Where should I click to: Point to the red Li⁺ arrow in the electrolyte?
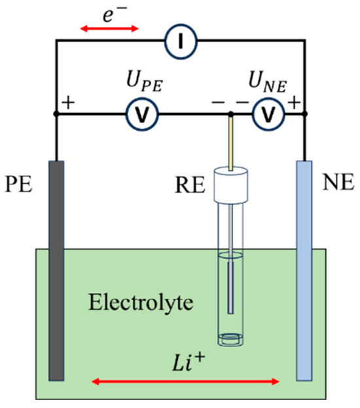pyautogui.click(x=186, y=380)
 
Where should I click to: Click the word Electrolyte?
pyautogui.click(x=126, y=303)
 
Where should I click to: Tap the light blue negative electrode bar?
pyautogui.click(x=304, y=268)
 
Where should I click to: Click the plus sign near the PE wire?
pyautogui.click(x=67, y=103)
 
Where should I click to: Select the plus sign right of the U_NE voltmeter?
pyautogui.click(x=294, y=103)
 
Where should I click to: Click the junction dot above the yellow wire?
pyautogui.click(x=230, y=115)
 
